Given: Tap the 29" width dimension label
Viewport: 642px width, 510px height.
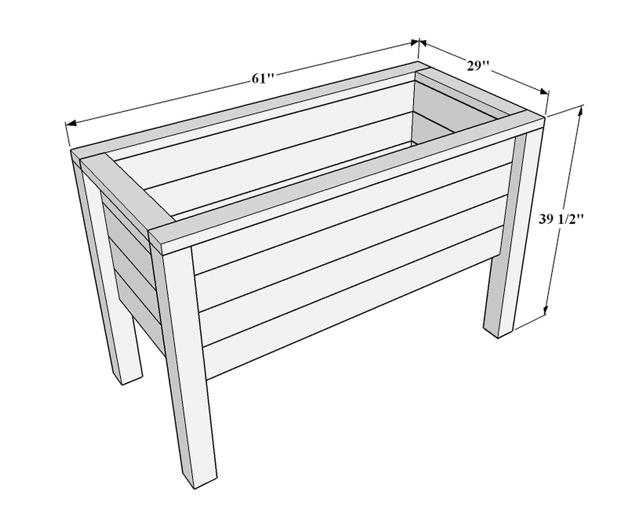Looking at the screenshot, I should (478, 66).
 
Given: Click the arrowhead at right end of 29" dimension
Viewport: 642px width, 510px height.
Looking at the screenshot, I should (543, 92).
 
